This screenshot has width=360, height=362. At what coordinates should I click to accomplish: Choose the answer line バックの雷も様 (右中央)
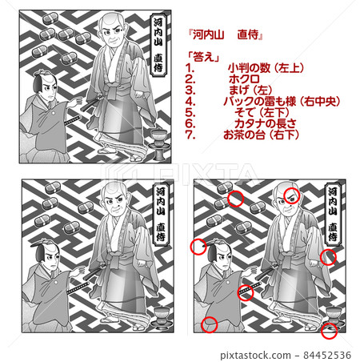click(x=278, y=102)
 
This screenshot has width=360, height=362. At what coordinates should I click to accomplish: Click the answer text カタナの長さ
click(x=260, y=124)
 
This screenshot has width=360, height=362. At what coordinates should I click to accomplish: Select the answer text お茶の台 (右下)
click(x=265, y=135)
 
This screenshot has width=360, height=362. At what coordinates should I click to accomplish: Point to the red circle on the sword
click(x=246, y=292)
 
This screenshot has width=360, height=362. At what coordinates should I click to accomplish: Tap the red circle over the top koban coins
click(x=235, y=199)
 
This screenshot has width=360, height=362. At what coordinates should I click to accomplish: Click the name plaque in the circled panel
click(x=332, y=212)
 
